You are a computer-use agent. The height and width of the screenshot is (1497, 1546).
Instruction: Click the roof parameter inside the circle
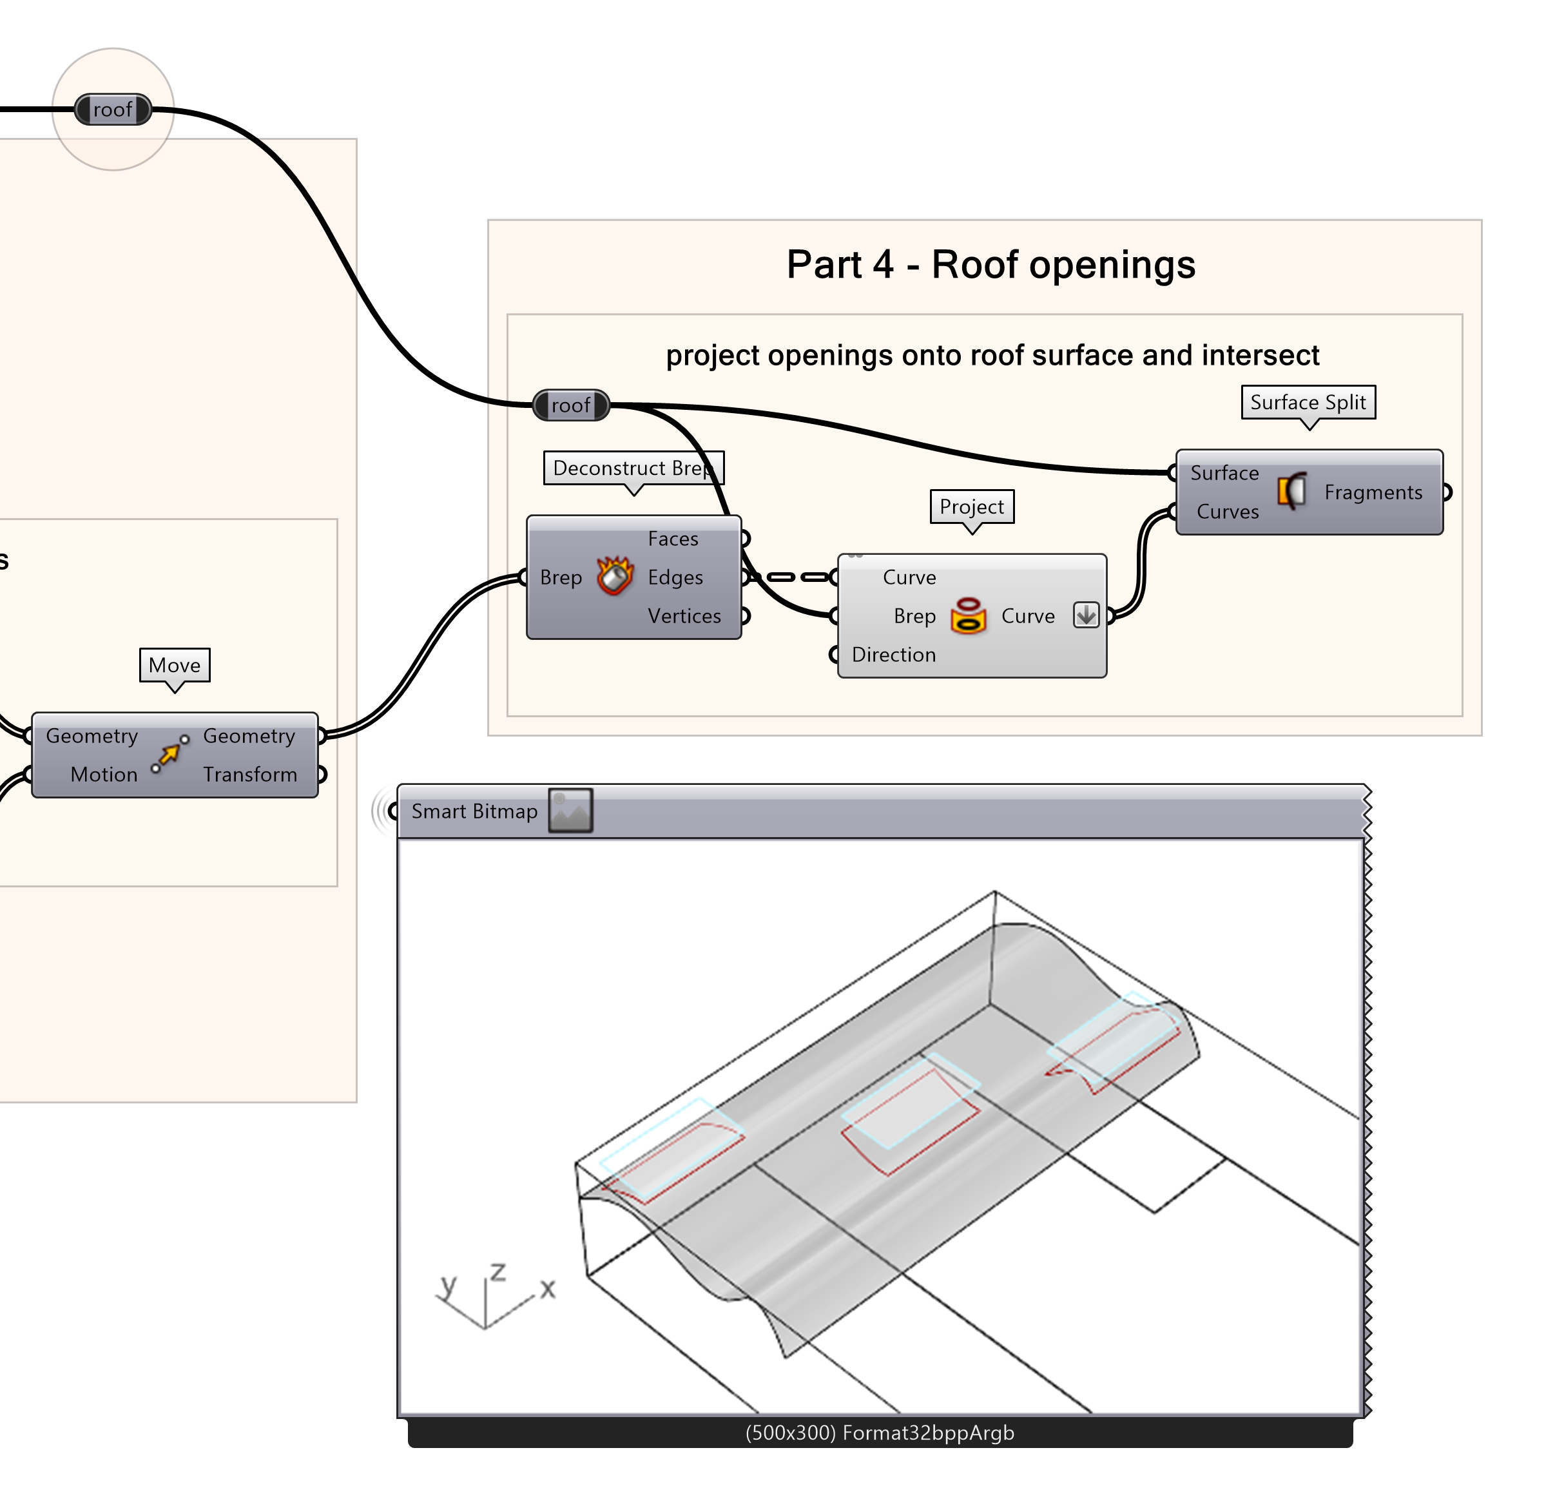pyautogui.click(x=113, y=110)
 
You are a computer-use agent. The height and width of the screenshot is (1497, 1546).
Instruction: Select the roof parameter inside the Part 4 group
pyautogui.click(x=570, y=405)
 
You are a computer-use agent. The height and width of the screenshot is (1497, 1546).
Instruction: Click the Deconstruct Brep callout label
pyautogui.click(x=633, y=468)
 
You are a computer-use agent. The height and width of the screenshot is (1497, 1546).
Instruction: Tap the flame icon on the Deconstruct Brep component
pyautogui.click(x=614, y=577)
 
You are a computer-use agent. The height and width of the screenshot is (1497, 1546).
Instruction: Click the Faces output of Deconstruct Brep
pyautogui.click(x=673, y=539)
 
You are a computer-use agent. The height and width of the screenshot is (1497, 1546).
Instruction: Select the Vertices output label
pyautogui.click(x=684, y=616)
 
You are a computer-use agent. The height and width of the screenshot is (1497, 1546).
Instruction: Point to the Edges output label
pyautogui.click(x=675, y=577)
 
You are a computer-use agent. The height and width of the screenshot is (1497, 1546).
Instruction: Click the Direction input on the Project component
pyautogui.click(x=893, y=655)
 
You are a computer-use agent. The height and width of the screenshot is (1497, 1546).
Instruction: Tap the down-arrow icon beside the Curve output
pyautogui.click(x=1086, y=615)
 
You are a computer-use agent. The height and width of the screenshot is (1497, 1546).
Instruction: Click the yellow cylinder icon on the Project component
pyautogui.click(x=969, y=616)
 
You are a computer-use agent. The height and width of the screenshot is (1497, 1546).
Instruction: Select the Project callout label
pyautogui.click(x=972, y=507)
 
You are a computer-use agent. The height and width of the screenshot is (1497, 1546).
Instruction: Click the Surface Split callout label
pyautogui.click(x=1308, y=402)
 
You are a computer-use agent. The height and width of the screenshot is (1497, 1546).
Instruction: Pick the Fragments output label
pyautogui.click(x=1373, y=492)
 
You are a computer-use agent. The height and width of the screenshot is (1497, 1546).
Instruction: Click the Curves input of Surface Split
pyautogui.click(x=1228, y=512)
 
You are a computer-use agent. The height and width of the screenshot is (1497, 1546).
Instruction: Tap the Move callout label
pyautogui.click(x=174, y=665)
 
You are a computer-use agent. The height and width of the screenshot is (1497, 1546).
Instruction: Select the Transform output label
pyautogui.click(x=250, y=775)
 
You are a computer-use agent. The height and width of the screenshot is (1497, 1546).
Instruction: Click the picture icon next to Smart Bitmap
pyautogui.click(x=570, y=811)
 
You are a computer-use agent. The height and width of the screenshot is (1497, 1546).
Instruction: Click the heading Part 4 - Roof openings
pyautogui.click(x=990, y=264)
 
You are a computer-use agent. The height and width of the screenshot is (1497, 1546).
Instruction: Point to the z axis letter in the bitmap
pyautogui.click(x=498, y=1271)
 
